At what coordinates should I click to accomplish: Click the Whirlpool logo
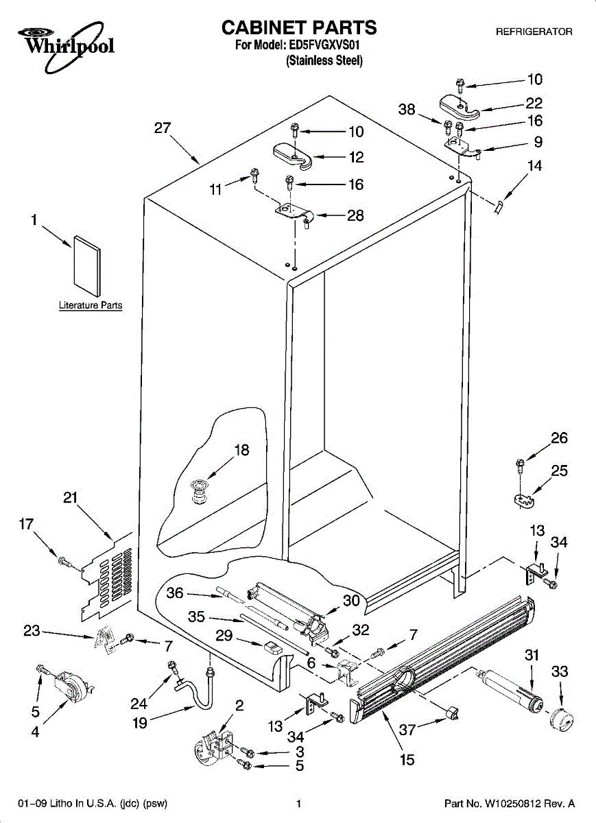(65, 45)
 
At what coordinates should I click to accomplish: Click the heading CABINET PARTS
(298, 27)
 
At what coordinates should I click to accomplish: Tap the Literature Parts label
(91, 305)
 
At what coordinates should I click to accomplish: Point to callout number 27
(163, 128)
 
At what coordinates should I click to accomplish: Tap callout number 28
(355, 215)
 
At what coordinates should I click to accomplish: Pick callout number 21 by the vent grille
(70, 499)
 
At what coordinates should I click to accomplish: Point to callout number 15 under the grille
(407, 760)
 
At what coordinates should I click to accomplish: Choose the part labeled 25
(525, 501)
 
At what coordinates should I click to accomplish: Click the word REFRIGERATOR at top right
(534, 32)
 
